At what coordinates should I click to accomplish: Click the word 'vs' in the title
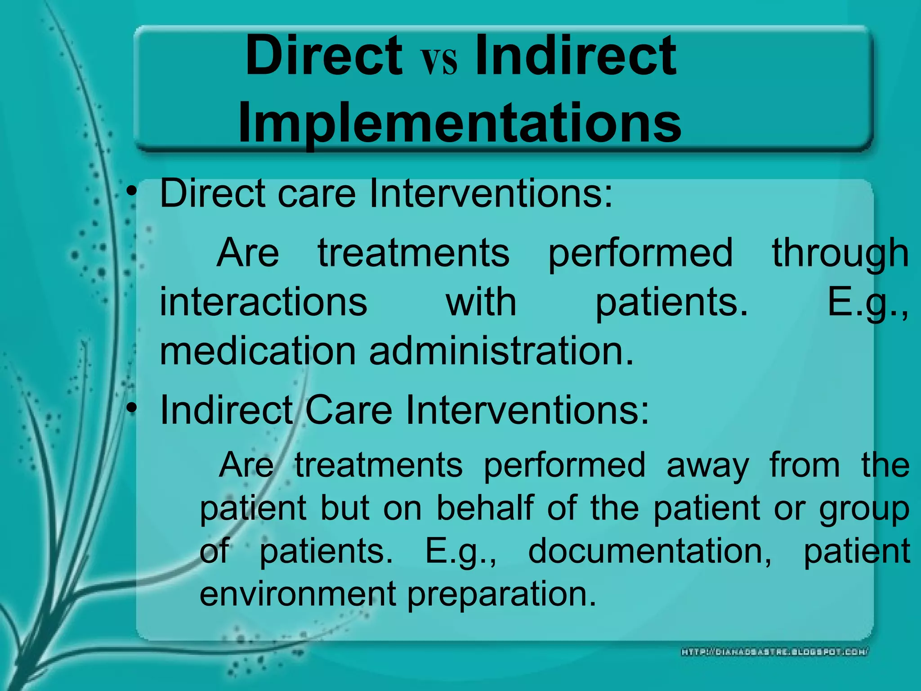(439, 62)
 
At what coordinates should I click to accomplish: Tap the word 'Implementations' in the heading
(459, 122)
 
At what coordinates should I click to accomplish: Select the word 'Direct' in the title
(324, 56)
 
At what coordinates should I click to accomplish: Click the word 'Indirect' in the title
(575, 56)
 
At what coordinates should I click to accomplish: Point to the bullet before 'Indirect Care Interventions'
(131, 408)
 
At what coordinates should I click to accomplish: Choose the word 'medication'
(258, 351)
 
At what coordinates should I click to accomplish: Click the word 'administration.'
(501, 351)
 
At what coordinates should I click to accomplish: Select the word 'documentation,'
(650, 552)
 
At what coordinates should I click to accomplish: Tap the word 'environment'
(298, 594)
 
